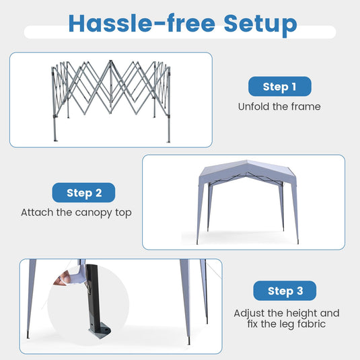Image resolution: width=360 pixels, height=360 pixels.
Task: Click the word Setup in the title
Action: [x=260, y=25]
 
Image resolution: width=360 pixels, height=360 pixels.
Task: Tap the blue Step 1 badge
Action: [x=280, y=86]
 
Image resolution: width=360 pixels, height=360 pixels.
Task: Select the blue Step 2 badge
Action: [x=83, y=192]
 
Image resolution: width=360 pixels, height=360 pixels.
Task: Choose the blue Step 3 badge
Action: [x=285, y=291]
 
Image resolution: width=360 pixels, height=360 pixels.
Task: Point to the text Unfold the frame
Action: [x=279, y=106]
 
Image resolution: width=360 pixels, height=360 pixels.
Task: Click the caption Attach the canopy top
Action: [x=76, y=213]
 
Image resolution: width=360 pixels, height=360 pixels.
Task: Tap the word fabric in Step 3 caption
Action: [x=312, y=324]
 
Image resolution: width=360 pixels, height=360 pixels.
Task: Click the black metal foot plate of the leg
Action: [x=100, y=331]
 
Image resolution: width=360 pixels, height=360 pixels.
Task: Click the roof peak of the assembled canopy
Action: [x=247, y=161]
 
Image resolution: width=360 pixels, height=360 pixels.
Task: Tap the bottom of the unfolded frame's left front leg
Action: [x=55, y=139]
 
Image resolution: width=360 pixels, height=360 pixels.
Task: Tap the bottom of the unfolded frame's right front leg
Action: [x=169, y=141]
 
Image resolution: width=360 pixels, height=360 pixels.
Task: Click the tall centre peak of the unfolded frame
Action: [x=110, y=62]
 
